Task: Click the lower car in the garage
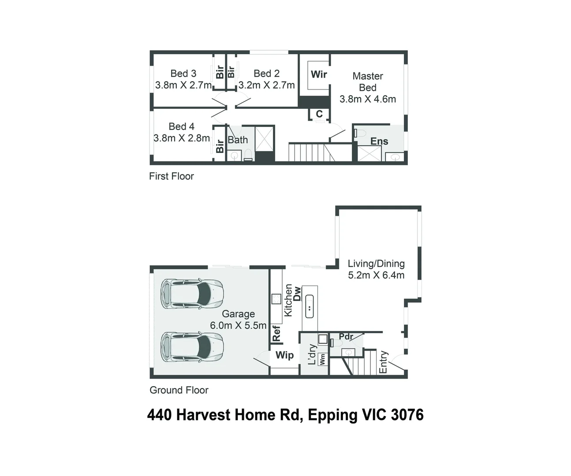(x=192, y=347)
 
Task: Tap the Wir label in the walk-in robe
(x=319, y=74)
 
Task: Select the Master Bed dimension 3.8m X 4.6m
(x=368, y=99)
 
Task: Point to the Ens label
(x=379, y=141)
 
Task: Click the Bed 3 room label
(x=183, y=73)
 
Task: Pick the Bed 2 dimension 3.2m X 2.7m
(x=267, y=85)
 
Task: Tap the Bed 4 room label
(x=182, y=126)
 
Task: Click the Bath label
(x=238, y=140)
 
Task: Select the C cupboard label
(x=319, y=114)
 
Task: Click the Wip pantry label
(x=284, y=355)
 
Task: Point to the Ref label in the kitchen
(x=276, y=334)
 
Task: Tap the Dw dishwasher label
(x=297, y=294)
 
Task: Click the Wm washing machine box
(x=322, y=359)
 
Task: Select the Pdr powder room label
(x=346, y=337)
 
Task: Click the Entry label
(x=383, y=362)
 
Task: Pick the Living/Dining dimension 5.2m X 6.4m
(x=376, y=275)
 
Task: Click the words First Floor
(x=172, y=176)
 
